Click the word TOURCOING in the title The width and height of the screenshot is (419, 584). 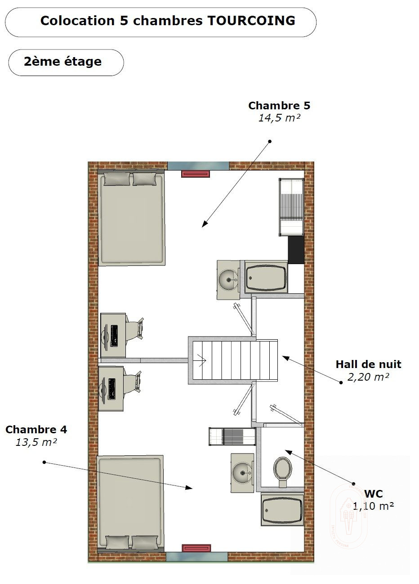251,21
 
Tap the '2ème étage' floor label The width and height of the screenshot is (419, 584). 63,62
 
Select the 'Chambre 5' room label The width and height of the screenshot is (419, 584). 279,106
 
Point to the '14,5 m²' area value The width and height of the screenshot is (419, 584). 279,118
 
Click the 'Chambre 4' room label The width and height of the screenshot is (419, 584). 36,429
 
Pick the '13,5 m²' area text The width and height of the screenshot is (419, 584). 36,442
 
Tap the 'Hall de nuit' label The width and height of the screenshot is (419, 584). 369,364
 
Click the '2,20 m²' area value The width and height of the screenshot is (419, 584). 368,377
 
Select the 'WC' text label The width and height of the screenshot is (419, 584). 374,494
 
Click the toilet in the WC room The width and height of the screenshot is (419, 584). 283,472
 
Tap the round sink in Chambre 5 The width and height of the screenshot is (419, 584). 228,280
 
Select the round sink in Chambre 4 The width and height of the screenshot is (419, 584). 242,473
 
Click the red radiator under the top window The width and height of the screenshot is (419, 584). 196,174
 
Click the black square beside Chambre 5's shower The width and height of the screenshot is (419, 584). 296,250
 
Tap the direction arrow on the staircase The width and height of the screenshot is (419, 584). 202,360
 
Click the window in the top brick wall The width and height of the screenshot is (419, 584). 198,166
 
